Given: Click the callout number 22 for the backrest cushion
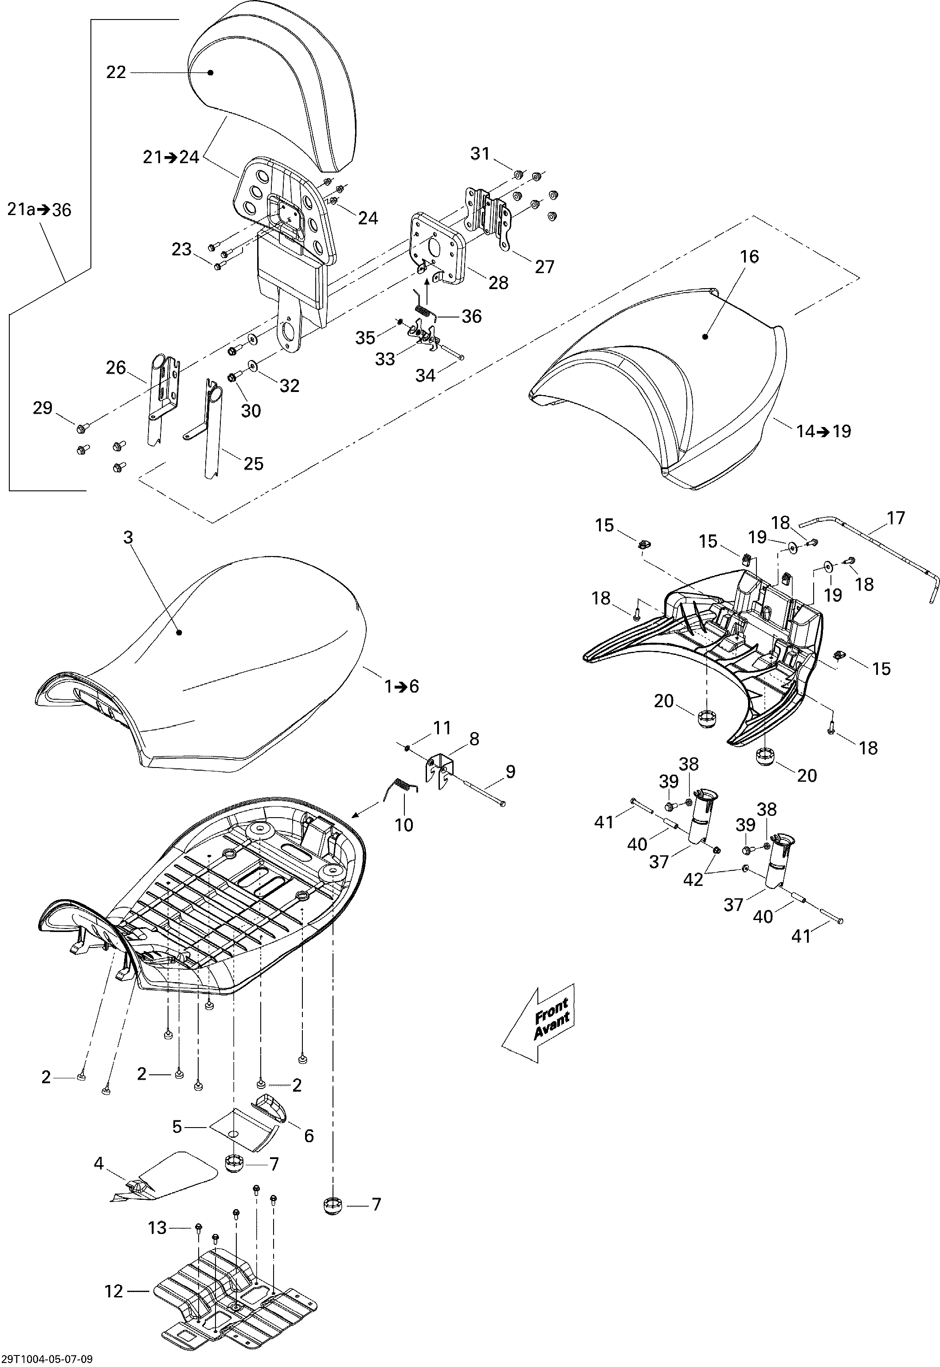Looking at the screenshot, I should pyautogui.click(x=116, y=72).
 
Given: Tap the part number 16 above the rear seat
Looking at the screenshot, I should pyautogui.click(x=749, y=257).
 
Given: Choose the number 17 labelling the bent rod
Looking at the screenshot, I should pyautogui.click(x=895, y=518).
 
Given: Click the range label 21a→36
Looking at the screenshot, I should pyautogui.click(x=39, y=210).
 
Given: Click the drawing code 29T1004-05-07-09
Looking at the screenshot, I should pyautogui.click(x=47, y=1359).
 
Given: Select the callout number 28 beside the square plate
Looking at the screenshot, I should pyautogui.click(x=498, y=283).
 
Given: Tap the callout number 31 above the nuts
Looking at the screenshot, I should pyautogui.click(x=480, y=154).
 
